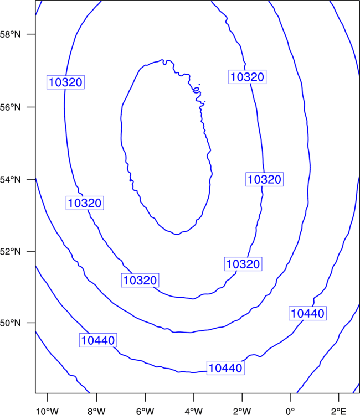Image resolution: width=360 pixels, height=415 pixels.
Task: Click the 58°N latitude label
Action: pyautogui.click(x=10, y=34)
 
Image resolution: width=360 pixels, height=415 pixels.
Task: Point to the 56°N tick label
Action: pyautogui.click(x=10, y=107)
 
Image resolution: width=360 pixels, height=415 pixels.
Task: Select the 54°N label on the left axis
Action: pyautogui.click(x=10, y=180)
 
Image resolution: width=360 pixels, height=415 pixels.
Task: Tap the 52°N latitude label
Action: pyautogui.click(x=10, y=251)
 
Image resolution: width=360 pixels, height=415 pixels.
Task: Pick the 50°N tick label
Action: pyautogui.click(x=10, y=323)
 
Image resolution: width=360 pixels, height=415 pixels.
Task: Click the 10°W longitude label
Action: pyautogui.click(x=48, y=411)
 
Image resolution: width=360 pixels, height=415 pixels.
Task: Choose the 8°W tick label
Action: pyautogui.click(x=96, y=411)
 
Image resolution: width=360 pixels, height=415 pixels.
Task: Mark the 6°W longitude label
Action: pyautogui.click(x=145, y=411)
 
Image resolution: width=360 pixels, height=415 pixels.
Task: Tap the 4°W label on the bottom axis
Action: pyautogui.click(x=194, y=411)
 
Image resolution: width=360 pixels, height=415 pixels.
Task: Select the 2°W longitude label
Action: pyautogui.click(x=242, y=411)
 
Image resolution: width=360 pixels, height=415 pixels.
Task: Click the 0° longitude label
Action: pyautogui.click(x=290, y=411)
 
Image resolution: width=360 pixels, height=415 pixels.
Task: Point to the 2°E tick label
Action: pyautogui.click(x=339, y=411)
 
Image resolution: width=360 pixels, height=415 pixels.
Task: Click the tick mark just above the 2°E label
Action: pyautogui.click(x=339, y=397)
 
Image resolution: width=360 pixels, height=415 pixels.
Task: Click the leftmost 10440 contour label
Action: pyautogui.click(x=98, y=340)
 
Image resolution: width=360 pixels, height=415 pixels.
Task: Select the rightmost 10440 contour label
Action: pyautogui.click(x=307, y=313)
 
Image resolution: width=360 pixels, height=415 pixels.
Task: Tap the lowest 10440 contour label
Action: pyautogui.click(x=225, y=368)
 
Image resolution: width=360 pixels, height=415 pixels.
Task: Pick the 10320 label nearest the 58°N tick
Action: pyautogui.click(x=65, y=82)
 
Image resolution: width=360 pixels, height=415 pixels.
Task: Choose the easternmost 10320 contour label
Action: pyautogui.click(x=264, y=179)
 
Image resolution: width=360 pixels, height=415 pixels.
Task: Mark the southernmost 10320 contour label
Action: pyautogui.click(x=140, y=281)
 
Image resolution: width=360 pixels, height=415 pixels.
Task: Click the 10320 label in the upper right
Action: pyautogui.click(x=248, y=77)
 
